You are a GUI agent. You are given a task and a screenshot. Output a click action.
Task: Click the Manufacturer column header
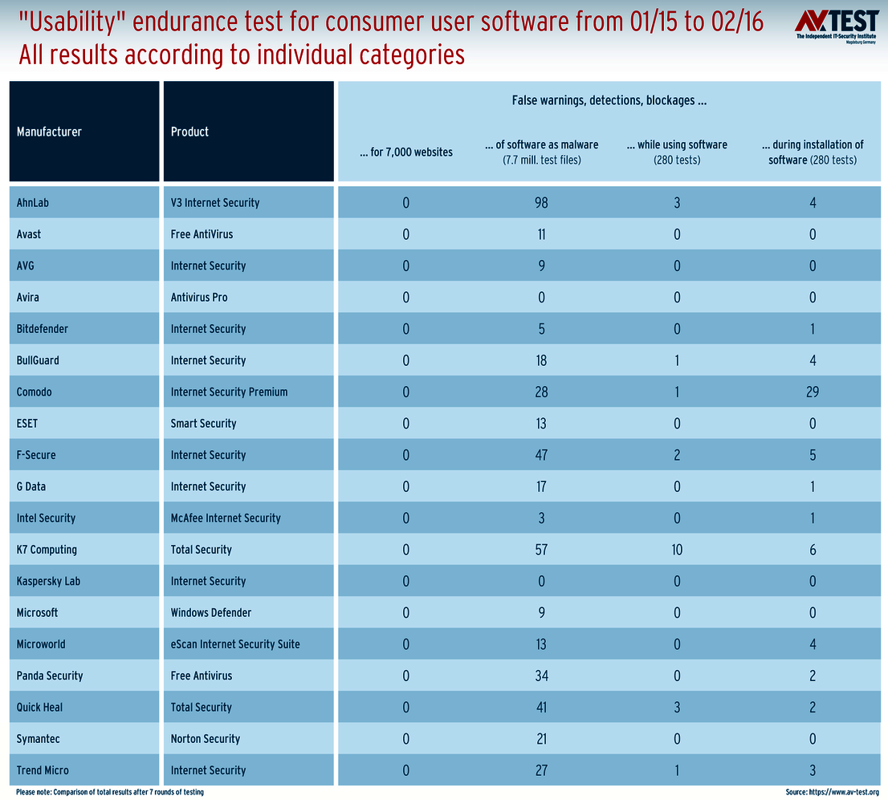pos(49,132)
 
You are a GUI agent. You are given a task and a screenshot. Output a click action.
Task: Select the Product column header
pos(189,132)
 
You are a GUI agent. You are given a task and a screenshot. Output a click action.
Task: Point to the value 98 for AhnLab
pos(541,203)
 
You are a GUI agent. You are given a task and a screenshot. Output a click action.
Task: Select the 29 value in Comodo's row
pos(813,392)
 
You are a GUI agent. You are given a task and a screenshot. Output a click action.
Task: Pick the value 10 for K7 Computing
pos(677,550)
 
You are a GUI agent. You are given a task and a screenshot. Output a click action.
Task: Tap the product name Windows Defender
pos(211,612)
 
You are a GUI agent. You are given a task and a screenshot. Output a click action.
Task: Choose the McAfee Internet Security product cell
pos(226,518)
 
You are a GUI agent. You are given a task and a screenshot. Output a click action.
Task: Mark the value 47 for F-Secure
pos(541,455)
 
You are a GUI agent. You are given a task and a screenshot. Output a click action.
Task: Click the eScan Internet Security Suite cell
pos(235,644)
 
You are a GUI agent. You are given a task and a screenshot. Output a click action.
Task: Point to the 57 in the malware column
pos(541,550)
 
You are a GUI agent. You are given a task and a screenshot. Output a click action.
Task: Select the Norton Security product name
pos(206,739)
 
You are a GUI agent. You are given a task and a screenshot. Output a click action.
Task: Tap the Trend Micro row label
pos(43,770)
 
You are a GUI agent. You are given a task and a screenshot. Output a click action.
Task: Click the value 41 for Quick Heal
pos(541,707)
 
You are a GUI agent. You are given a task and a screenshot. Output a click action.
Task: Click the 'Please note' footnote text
pos(109,792)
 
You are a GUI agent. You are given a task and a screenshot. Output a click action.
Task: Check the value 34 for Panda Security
pos(541,676)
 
